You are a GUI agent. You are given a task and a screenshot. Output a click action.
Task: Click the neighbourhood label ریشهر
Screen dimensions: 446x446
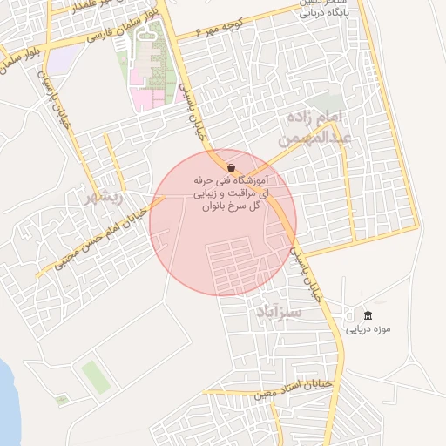[102, 197]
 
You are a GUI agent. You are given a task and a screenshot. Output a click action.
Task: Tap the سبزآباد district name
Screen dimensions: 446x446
[279, 311]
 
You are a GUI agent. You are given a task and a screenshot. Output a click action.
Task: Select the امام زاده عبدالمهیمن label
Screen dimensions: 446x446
[314, 127]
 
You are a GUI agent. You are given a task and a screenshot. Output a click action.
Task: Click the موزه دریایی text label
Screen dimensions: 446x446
[368, 329]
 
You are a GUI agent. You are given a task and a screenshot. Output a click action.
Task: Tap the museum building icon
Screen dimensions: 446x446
[368, 314]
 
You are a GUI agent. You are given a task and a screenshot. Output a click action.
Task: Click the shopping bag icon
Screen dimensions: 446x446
[231, 166]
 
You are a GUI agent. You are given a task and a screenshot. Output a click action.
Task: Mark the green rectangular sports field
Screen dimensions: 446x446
[93, 376]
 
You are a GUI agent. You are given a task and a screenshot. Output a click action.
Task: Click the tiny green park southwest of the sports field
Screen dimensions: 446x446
[61, 400]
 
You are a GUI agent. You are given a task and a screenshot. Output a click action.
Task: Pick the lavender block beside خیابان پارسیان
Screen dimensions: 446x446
[60, 62]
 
